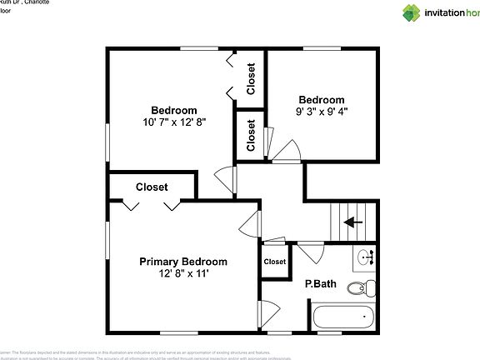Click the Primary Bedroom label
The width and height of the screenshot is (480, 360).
[182, 261]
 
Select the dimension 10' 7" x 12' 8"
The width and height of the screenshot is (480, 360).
[174, 122]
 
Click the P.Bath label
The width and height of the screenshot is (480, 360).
[320, 284]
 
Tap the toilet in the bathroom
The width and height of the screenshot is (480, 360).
[359, 289]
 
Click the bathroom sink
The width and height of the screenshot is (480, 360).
[367, 258]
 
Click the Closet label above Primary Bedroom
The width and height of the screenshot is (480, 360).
[152, 187]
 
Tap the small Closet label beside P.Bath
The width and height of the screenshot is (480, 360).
[275, 262]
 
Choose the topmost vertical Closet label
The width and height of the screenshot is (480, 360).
[251, 78]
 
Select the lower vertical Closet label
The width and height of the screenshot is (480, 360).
[251, 135]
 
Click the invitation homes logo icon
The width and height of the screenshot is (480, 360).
[412, 12]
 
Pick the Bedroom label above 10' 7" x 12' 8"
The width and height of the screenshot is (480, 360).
[174, 110]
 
